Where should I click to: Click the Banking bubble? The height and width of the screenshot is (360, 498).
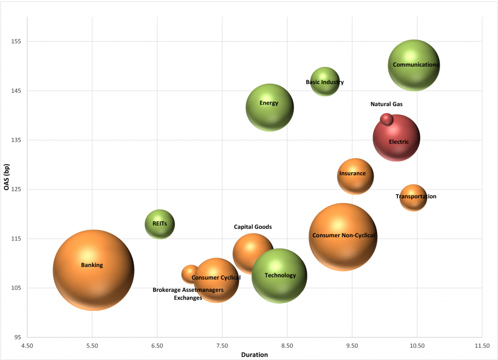point(93,270)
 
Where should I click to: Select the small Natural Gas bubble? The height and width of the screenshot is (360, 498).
point(387,119)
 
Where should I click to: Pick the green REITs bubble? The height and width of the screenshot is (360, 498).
point(160,224)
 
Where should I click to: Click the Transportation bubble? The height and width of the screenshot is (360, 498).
point(413,198)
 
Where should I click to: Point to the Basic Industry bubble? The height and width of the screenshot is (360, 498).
point(325,82)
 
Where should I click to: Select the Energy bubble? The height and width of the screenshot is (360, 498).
point(269,107)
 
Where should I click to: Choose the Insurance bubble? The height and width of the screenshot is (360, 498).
point(356,176)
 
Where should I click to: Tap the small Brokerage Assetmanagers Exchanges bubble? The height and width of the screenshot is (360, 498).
point(190,274)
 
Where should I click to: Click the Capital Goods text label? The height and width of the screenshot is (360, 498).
point(253,227)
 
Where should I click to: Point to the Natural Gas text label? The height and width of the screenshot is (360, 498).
point(387,104)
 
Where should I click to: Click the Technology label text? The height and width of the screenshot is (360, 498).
point(280,275)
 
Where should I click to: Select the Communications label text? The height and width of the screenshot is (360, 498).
point(416,64)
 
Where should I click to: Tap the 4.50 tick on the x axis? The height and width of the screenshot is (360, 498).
point(27,346)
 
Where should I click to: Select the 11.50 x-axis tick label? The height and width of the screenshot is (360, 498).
point(482,346)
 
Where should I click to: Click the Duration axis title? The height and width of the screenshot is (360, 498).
point(254,355)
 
